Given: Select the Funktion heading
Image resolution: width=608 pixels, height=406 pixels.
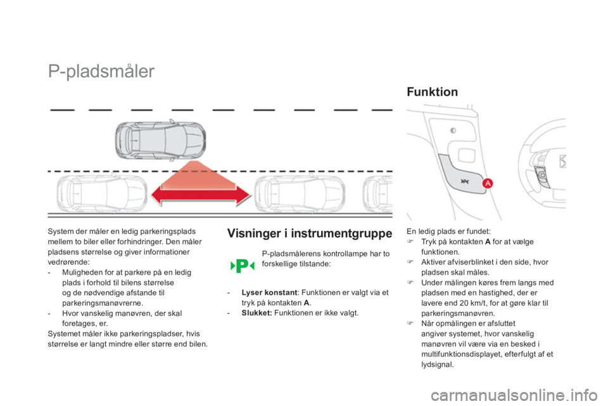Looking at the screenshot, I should point(432,93).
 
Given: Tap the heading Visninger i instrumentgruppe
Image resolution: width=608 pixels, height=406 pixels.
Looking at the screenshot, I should point(309,233).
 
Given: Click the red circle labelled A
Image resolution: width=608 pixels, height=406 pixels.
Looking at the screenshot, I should point(488,183).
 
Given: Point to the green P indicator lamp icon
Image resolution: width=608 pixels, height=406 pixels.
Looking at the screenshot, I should point(241,265).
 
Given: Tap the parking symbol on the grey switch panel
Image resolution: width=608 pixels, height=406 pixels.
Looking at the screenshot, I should point(465,180).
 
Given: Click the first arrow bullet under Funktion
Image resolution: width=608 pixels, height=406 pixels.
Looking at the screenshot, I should point(410,242).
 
